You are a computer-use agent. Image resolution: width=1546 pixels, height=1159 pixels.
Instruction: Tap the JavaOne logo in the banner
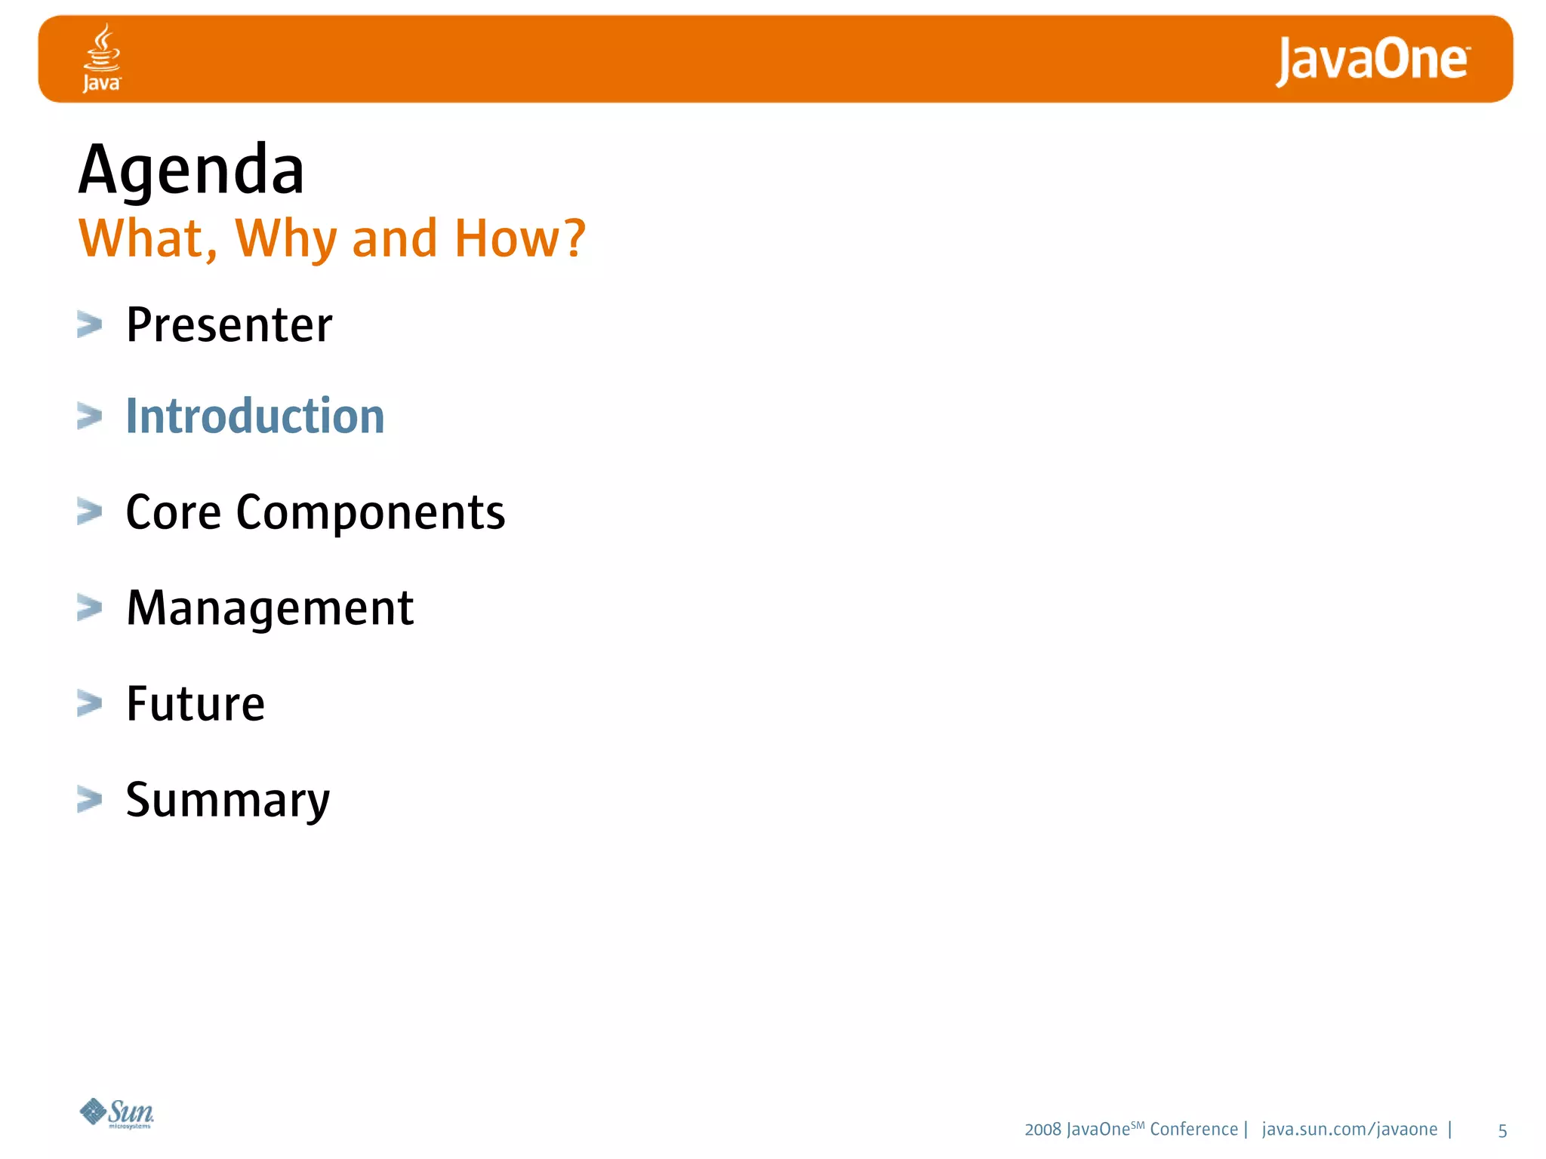pyautogui.click(x=1372, y=60)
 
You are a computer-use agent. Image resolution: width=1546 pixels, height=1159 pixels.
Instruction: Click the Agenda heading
pyautogui.click(x=192, y=170)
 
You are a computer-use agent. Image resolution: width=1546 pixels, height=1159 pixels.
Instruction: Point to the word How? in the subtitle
pyautogui.click(x=519, y=238)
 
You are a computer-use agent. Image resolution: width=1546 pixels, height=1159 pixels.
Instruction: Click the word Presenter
pyautogui.click(x=229, y=325)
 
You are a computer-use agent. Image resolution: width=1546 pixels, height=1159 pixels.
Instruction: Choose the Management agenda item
pyautogui.click(x=269, y=608)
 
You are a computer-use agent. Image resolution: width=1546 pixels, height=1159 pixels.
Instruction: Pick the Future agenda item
pyautogui.click(x=196, y=704)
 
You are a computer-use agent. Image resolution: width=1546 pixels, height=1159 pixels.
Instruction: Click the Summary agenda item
pyautogui.click(x=227, y=801)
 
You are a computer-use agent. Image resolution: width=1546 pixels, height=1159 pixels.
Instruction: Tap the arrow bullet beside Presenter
pyautogui.click(x=89, y=325)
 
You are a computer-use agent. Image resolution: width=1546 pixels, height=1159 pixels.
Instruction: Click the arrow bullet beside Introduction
pyautogui.click(x=89, y=417)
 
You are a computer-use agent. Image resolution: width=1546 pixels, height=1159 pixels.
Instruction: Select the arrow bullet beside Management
pyautogui.click(x=89, y=607)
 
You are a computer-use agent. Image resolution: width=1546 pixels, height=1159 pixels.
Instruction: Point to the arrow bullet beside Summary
pyautogui.click(x=89, y=799)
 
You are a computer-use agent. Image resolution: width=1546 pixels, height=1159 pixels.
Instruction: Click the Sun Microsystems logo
pyautogui.click(x=117, y=1113)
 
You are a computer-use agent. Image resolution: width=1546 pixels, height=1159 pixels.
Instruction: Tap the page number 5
pyautogui.click(x=1502, y=1130)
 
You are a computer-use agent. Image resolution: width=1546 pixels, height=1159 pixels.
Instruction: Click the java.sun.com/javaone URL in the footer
pyautogui.click(x=1349, y=1130)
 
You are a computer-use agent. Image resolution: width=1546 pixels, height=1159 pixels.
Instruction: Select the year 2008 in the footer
pyautogui.click(x=1042, y=1130)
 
